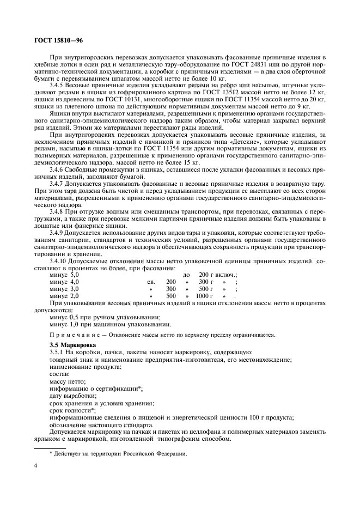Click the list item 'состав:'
pyautogui.click(x=59, y=374)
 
